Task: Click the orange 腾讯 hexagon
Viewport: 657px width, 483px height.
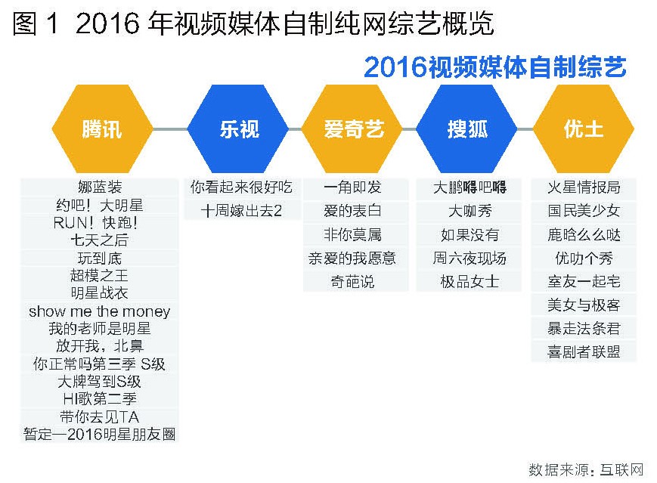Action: tap(103, 128)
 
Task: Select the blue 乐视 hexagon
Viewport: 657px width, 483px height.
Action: tap(238, 128)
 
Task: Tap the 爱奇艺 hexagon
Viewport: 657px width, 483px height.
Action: tap(352, 128)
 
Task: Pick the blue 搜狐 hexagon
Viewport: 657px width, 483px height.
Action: tap(466, 128)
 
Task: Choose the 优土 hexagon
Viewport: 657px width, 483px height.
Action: tap(583, 128)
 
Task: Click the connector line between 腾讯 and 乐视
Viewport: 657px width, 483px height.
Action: tap(171, 129)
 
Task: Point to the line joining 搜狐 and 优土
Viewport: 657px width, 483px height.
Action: tap(525, 129)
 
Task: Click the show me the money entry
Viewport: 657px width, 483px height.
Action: tap(100, 311)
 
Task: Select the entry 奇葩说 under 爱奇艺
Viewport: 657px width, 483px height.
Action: tap(352, 281)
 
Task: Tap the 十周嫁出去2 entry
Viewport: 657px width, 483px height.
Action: tap(241, 211)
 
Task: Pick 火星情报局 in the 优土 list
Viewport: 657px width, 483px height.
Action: tap(584, 187)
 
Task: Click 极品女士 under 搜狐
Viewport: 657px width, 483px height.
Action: tap(470, 281)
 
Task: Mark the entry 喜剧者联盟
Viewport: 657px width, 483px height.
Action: tap(584, 351)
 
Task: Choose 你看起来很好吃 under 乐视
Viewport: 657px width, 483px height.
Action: tap(241, 187)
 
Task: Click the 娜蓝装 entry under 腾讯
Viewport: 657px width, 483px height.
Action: tap(100, 187)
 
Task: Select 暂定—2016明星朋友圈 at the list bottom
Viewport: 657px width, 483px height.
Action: tap(100, 434)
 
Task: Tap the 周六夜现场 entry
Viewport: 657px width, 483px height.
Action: tap(470, 258)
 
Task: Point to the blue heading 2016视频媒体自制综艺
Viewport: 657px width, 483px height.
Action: tap(495, 67)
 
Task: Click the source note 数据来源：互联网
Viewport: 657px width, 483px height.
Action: tap(586, 469)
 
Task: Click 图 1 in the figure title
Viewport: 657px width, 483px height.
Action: tap(36, 23)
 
